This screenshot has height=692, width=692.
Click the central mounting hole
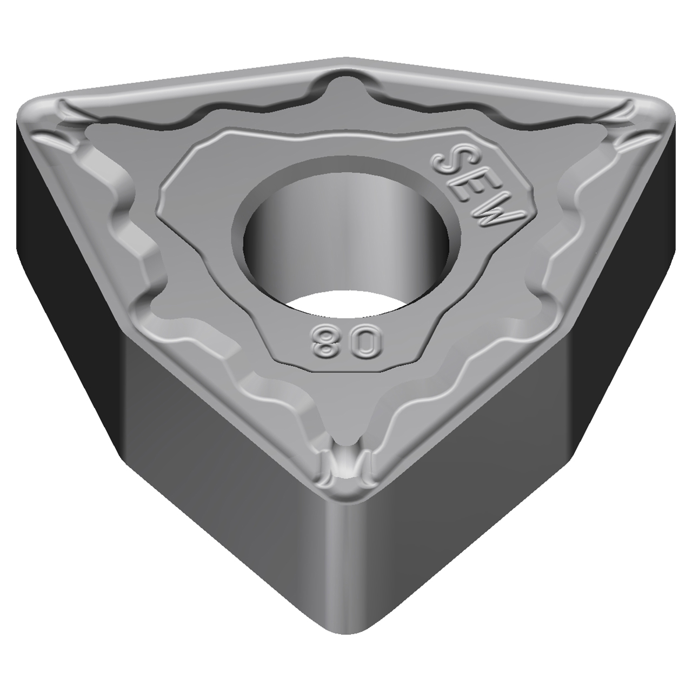tap(346, 238)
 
